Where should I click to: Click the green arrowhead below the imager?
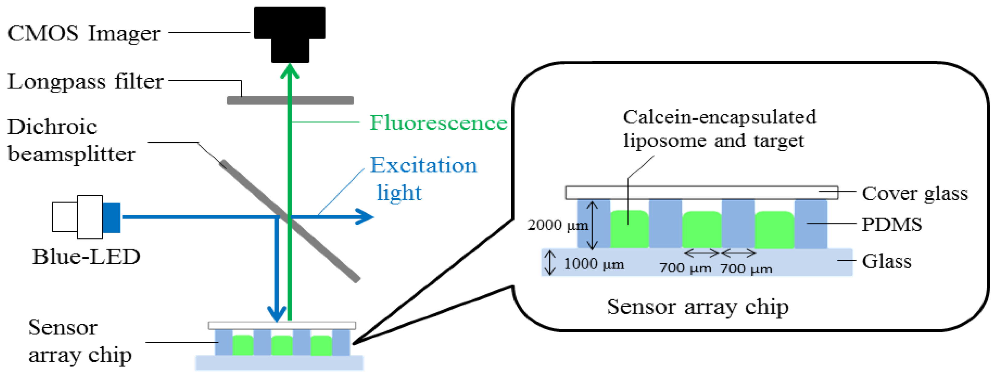pos(289,72)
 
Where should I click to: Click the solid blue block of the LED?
pos(111,217)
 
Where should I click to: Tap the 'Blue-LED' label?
pos(86,256)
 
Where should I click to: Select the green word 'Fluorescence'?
pos(438,123)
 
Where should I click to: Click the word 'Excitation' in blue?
pos(424,166)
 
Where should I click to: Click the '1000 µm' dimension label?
pos(593,264)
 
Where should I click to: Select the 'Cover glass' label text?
pos(915,193)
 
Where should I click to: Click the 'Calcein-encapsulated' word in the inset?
pos(720,117)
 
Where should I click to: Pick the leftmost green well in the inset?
pos(629,229)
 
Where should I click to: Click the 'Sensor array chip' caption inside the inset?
pos(697,307)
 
